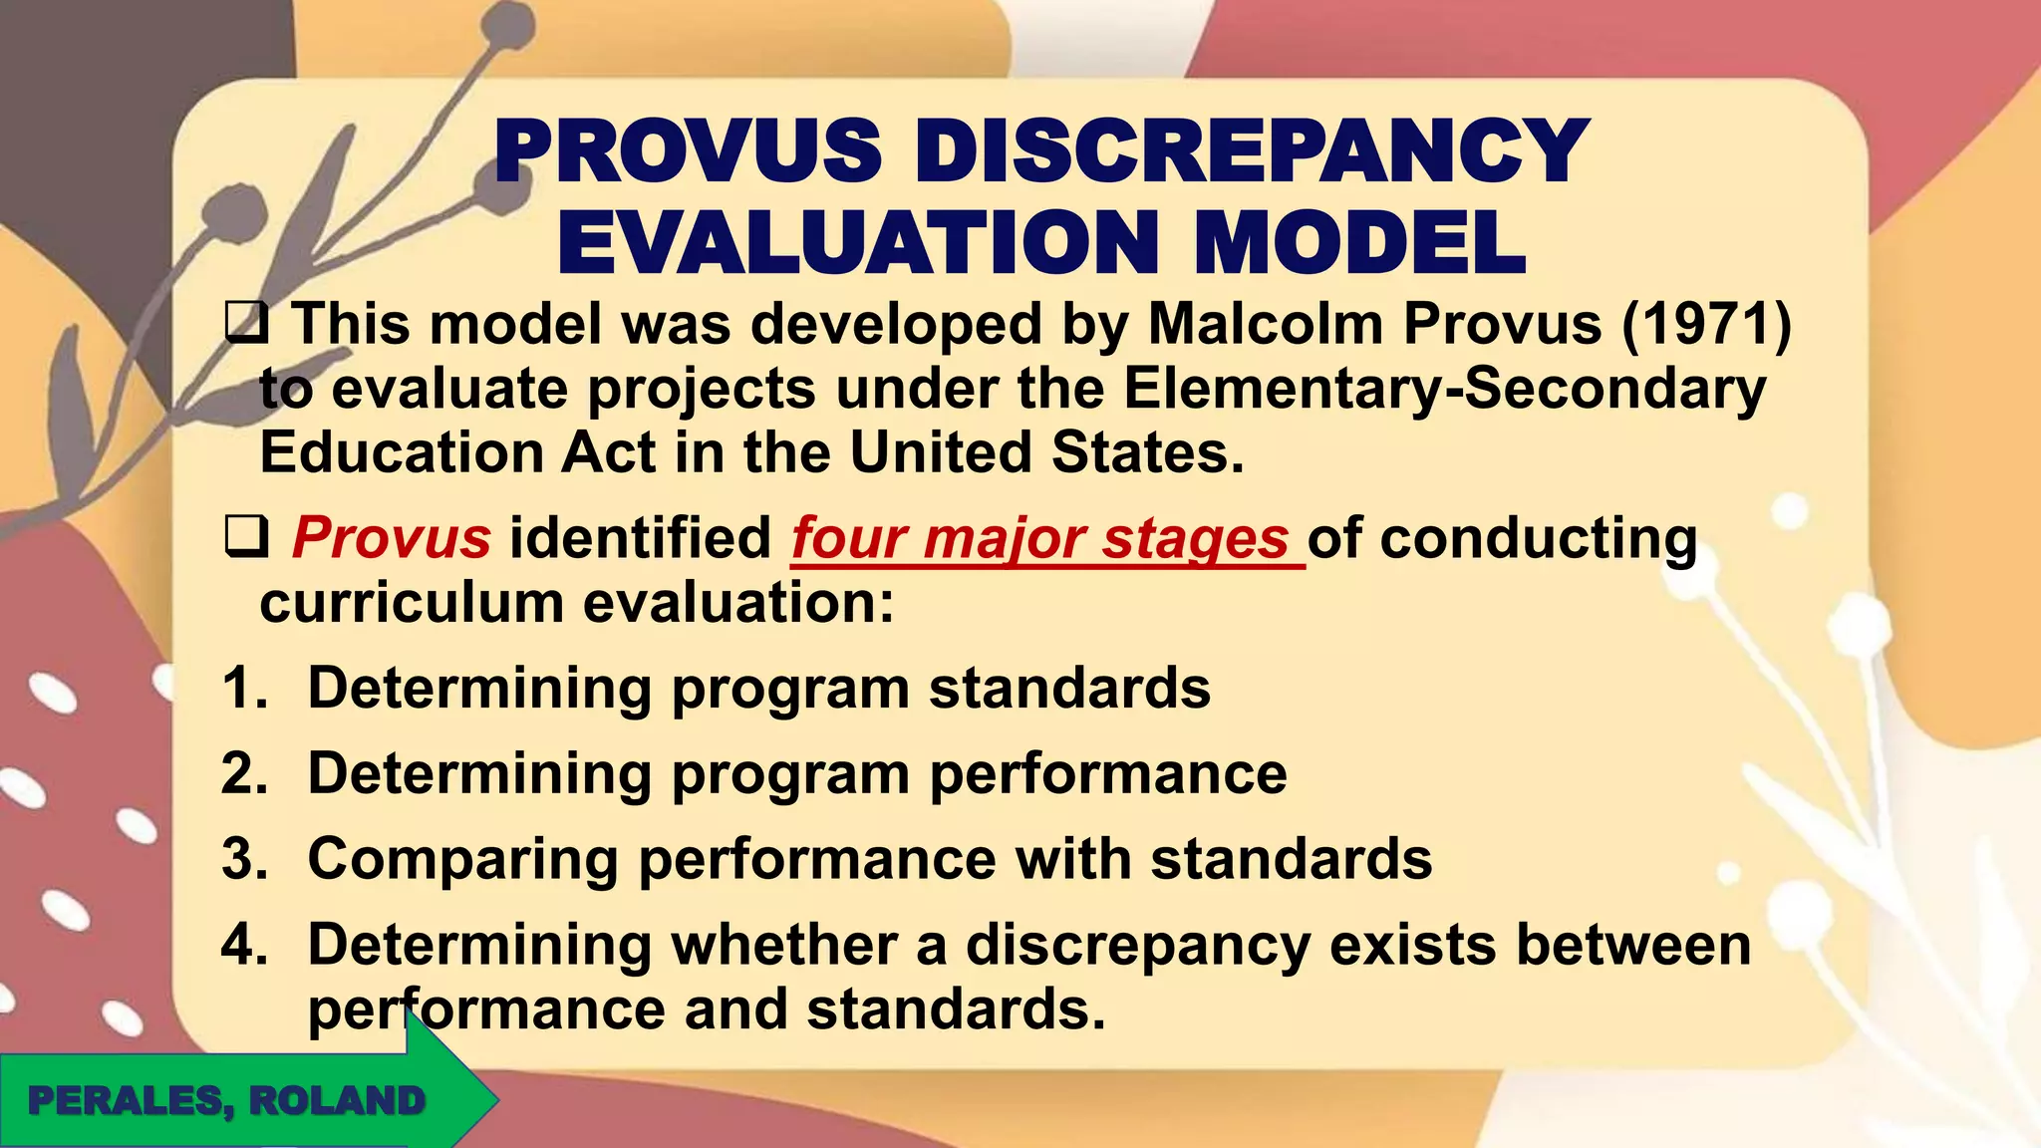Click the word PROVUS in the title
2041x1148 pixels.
(x=689, y=151)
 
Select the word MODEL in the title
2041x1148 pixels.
(x=1359, y=243)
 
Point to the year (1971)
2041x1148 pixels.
(x=1706, y=324)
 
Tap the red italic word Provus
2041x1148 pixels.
(x=391, y=538)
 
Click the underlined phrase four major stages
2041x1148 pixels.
(x=1041, y=539)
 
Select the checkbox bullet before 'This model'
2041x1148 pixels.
(x=244, y=324)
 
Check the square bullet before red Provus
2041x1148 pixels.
(x=244, y=538)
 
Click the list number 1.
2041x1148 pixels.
(x=244, y=689)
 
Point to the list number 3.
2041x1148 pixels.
(x=244, y=859)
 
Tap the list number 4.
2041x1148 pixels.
(x=244, y=945)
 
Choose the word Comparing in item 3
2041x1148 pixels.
(x=462, y=859)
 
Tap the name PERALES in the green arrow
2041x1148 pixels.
(x=125, y=1101)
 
